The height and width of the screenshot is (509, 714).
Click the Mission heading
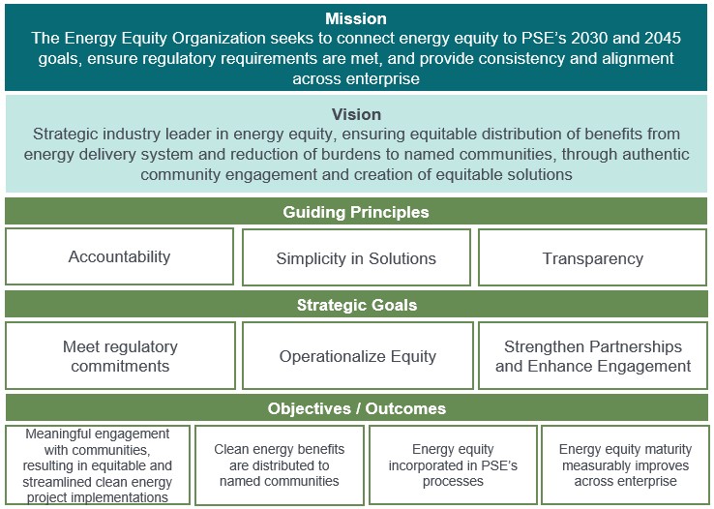point(356,18)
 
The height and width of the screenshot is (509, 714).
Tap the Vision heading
point(356,113)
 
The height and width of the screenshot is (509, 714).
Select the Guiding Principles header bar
point(356,212)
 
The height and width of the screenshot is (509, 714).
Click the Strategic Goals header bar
point(356,305)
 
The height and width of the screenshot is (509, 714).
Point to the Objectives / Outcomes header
point(356,408)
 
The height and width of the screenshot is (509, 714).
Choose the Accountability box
point(119,256)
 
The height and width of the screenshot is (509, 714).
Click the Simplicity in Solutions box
point(356,258)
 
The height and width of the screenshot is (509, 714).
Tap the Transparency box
point(593,258)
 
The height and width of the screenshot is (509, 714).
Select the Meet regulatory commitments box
point(120,356)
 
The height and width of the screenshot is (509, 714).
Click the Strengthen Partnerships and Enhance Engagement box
point(593,356)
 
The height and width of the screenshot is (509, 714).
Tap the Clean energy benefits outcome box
point(279,465)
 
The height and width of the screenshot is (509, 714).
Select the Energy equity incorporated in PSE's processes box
point(453,465)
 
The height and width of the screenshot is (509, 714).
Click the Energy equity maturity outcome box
point(625,465)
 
